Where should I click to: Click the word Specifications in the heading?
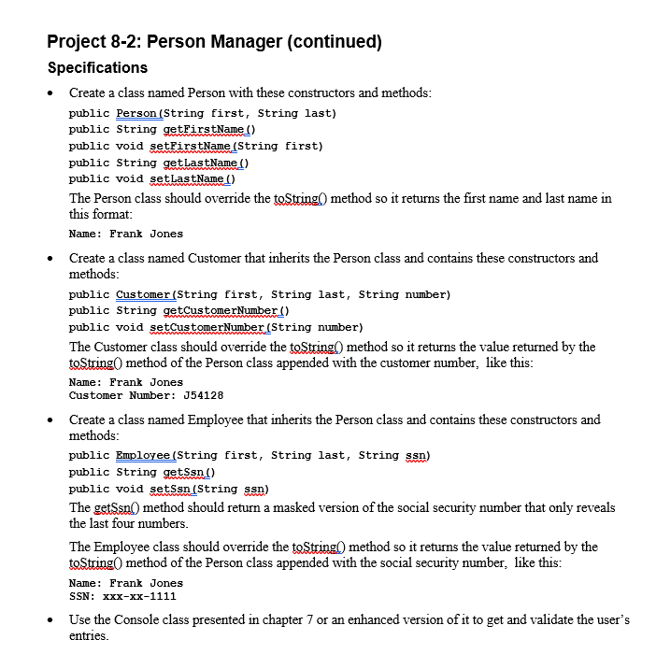pos(97,68)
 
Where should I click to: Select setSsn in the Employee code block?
pos(169,489)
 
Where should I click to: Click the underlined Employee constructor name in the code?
pos(144,455)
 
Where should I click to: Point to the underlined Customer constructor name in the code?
pos(144,294)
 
